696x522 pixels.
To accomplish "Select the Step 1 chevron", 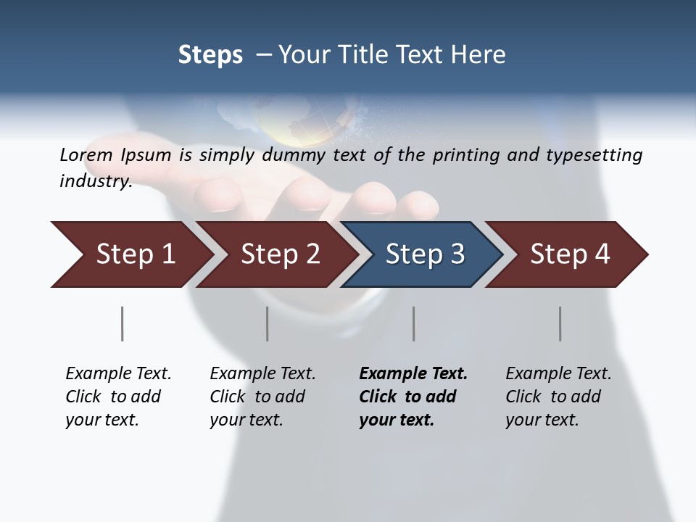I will click(134, 254).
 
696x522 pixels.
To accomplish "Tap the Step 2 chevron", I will click(279, 254).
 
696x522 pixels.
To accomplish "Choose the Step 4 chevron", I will click(569, 254).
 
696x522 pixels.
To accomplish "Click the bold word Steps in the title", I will click(210, 54).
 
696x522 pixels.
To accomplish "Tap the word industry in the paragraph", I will click(95, 181).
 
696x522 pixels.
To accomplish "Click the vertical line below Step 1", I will click(122, 323).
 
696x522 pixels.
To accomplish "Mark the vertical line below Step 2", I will click(267, 323).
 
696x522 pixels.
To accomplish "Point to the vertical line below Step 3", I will click(413, 323).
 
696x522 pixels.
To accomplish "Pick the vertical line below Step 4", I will click(560, 323).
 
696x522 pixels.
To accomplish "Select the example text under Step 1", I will click(117, 396).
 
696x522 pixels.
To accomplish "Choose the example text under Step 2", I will click(262, 396).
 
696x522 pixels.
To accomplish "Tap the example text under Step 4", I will click(558, 396).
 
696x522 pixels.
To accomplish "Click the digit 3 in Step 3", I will click(457, 254).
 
